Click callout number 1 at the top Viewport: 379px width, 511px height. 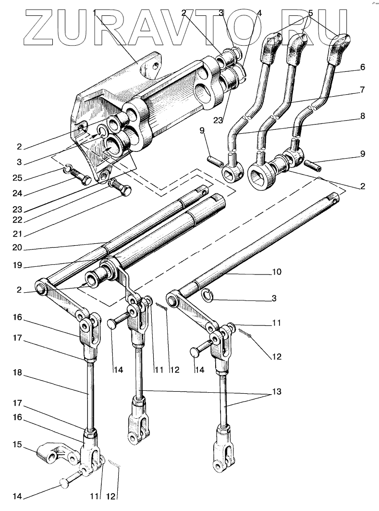pyautogui.click(x=96, y=11)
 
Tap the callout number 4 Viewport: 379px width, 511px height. pyautogui.click(x=259, y=13)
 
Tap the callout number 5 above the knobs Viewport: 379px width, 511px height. pyautogui.click(x=310, y=13)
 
